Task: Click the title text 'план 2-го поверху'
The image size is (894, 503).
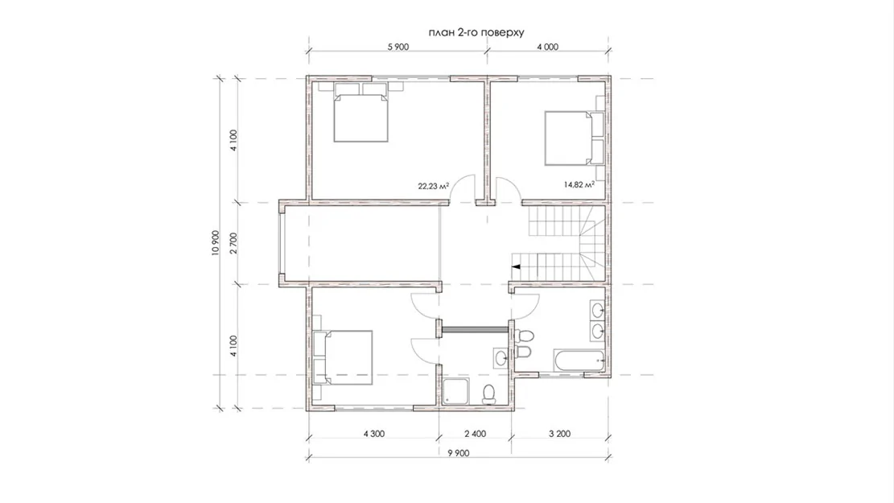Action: pyautogui.click(x=476, y=32)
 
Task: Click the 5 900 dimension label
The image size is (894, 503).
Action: pyautogui.click(x=398, y=47)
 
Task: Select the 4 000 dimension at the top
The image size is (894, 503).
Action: pyautogui.click(x=547, y=47)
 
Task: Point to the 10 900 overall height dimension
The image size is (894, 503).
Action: pyautogui.click(x=215, y=243)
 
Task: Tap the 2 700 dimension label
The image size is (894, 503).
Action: pyautogui.click(x=233, y=243)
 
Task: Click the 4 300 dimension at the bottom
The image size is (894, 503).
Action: pyautogui.click(x=373, y=434)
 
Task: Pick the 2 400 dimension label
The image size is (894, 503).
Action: pyautogui.click(x=475, y=434)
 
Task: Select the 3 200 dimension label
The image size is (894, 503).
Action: pyautogui.click(x=559, y=434)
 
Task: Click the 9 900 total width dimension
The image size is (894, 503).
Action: pyautogui.click(x=459, y=453)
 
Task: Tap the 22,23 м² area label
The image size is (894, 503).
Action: pyautogui.click(x=433, y=185)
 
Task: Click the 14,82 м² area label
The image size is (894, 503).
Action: pyautogui.click(x=579, y=184)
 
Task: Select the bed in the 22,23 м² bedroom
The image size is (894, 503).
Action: pyautogui.click(x=361, y=113)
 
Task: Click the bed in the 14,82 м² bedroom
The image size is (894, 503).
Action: pyautogui.click(x=575, y=138)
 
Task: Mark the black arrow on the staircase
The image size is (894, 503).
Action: pyautogui.click(x=516, y=266)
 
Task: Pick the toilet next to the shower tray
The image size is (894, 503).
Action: pyautogui.click(x=488, y=394)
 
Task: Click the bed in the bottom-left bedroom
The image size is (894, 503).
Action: pyautogui.click(x=343, y=357)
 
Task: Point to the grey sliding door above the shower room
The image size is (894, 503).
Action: pyautogui.click(x=475, y=329)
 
